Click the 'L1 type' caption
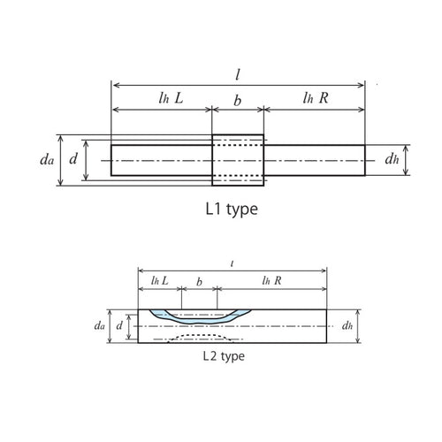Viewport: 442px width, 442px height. pos(231,212)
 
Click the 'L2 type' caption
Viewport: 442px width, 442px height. pos(222,357)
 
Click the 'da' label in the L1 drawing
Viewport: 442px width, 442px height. pos(45,161)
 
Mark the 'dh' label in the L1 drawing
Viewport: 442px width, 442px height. pos(392,160)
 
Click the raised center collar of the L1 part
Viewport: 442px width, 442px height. pos(238,160)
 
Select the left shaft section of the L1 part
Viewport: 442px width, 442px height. pos(161,160)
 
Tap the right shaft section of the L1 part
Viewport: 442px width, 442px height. pos(315,160)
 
